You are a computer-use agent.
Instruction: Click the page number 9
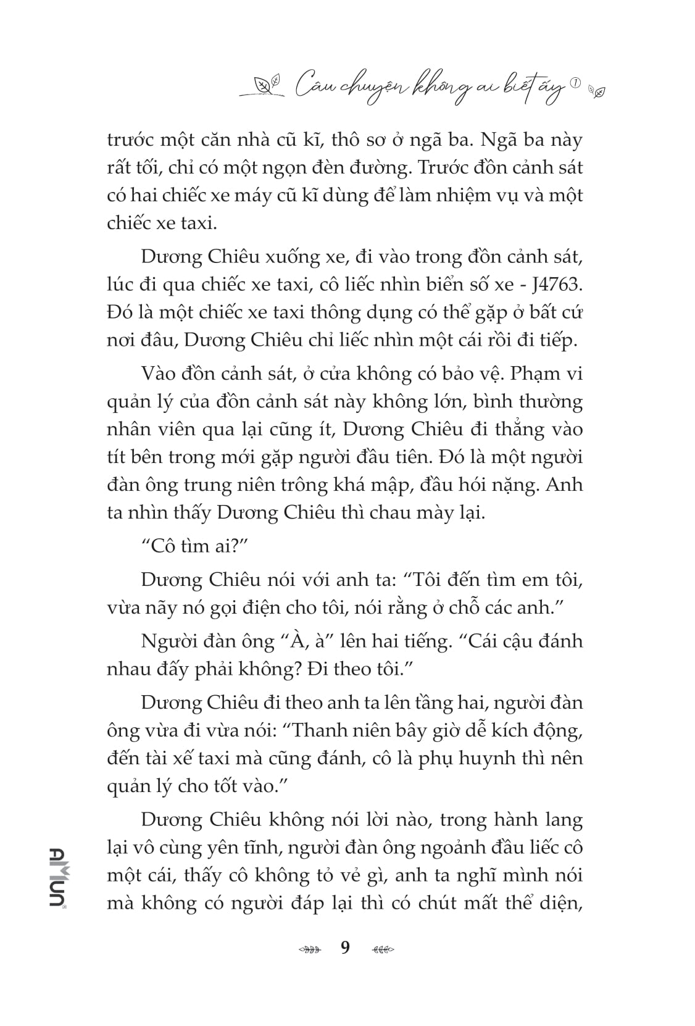tap(345, 947)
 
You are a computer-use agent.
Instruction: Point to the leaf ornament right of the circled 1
tap(597, 91)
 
